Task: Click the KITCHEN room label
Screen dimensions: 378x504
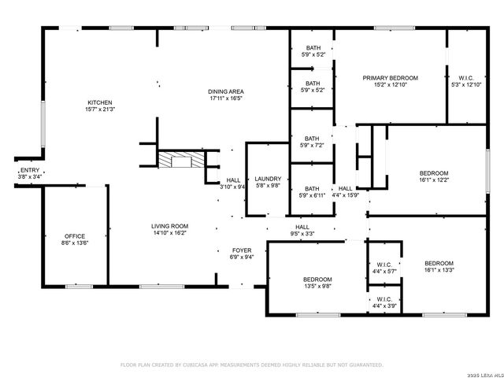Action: (100, 102)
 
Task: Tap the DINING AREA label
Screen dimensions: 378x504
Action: (225, 91)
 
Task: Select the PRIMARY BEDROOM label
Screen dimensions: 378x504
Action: (390, 78)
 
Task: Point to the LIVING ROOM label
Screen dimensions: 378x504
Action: (169, 226)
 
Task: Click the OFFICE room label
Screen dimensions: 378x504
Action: (75, 236)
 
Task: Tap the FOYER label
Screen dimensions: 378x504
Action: (241, 250)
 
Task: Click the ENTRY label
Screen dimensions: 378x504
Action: (28, 170)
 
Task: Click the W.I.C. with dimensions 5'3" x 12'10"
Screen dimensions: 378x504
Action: (466, 78)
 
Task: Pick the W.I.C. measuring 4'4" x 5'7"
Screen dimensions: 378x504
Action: (384, 265)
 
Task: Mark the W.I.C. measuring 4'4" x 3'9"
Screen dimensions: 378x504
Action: (384, 299)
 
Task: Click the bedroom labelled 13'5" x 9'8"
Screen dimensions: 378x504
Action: (318, 280)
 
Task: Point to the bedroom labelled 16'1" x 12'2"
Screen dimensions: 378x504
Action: (433, 173)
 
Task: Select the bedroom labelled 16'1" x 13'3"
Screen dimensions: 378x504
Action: (439, 263)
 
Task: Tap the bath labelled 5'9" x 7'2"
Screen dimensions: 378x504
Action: (313, 139)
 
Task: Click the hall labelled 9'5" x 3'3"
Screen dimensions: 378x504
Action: (302, 227)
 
